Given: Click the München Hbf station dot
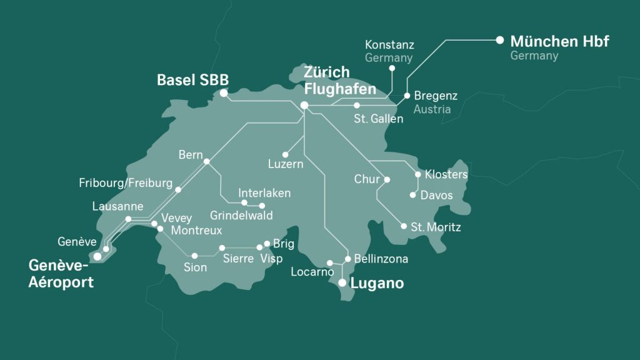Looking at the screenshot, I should [499, 40].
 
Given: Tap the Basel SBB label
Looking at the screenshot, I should [192, 80].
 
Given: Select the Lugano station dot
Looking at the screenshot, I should [342, 283].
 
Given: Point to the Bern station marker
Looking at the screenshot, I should [207, 161].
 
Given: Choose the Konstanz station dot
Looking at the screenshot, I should [392, 68].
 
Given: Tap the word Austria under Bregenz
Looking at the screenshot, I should [432, 109].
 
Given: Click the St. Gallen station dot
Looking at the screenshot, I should [357, 105].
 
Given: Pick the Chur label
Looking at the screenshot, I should [367, 179].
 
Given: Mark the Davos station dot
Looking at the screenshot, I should [412, 195].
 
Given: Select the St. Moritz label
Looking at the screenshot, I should [436, 227].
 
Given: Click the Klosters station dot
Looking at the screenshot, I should [418, 174].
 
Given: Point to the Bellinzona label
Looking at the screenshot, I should [381, 258].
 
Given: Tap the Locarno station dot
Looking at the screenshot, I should [330, 263].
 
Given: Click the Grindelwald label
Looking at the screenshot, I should [241, 215].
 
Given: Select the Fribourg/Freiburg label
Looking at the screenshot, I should [126, 183].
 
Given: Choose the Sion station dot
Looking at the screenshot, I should [195, 256].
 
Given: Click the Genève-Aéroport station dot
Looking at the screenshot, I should [97, 256].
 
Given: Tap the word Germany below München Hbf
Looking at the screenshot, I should [534, 56].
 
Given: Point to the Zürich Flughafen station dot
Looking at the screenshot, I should [304, 105].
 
